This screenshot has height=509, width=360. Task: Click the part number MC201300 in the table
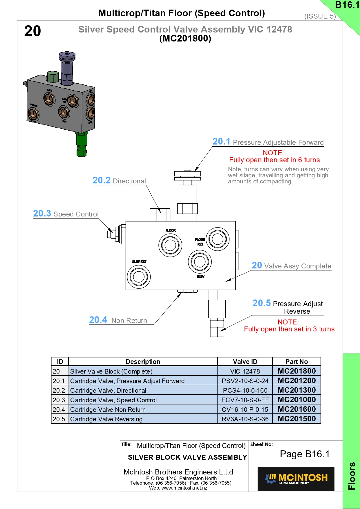point(296,390)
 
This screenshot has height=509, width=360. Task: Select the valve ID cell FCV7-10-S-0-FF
point(245,400)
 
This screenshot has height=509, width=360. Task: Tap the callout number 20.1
point(221,142)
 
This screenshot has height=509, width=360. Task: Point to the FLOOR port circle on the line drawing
point(170,245)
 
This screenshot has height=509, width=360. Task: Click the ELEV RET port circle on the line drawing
point(139,277)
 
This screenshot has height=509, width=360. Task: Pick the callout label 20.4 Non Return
point(118,320)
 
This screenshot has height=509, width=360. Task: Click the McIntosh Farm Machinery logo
point(296,479)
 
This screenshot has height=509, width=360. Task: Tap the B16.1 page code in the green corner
point(347,5)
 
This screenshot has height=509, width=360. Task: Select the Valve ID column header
point(245,362)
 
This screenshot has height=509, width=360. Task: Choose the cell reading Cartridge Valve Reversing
point(106,419)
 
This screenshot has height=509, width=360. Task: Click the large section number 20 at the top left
point(32,31)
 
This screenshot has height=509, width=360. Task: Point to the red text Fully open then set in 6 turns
point(274,160)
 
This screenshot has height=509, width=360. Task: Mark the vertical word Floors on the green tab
point(352,476)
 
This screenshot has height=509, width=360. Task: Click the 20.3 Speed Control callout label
point(66,214)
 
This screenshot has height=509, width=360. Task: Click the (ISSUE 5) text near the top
point(320,16)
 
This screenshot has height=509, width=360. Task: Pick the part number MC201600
point(296,409)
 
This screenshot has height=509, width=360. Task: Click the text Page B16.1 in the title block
point(305,454)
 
